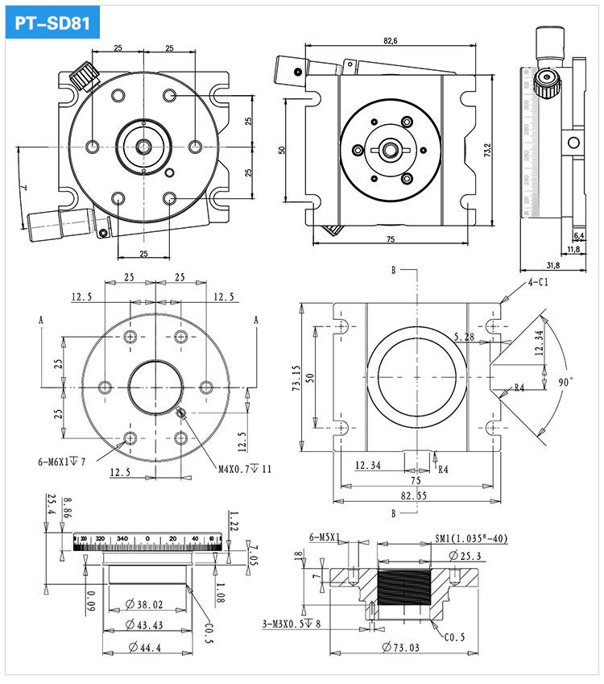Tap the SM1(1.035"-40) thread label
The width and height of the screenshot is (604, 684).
tap(472, 538)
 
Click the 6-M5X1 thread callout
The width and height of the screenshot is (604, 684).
tap(325, 537)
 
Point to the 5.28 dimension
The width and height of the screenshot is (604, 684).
tap(465, 336)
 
